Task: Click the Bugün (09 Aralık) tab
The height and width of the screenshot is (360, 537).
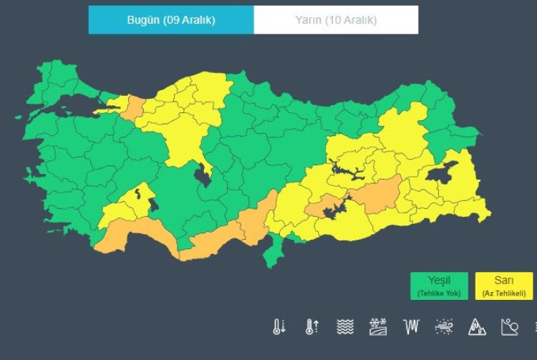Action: tap(171, 20)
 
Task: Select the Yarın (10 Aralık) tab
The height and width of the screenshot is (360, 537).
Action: tap(336, 20)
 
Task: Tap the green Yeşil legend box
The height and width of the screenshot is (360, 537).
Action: tap(439, 286)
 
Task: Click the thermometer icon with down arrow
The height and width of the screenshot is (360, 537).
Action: tap(279, 327)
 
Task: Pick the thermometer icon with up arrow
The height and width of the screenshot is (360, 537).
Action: tap(312, 327)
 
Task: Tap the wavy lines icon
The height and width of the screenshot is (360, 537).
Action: tap(345, 327)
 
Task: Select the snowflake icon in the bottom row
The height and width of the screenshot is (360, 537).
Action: tap(378, 327)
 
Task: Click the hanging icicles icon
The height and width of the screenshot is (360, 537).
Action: tap(411, 327)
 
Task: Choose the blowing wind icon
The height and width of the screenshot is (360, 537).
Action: tap(444, 327)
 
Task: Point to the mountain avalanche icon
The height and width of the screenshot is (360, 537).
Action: tap(477, 327)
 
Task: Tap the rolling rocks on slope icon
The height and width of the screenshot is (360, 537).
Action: tap(510, 327)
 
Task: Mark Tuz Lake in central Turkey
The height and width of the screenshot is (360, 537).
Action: tap(203, 174)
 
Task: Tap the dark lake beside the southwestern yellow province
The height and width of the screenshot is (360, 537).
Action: tap(154, 205)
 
